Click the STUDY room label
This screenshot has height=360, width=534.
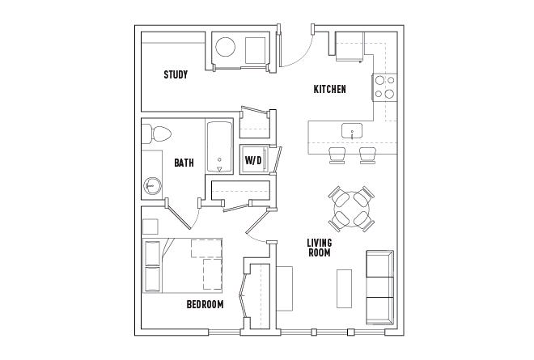176,75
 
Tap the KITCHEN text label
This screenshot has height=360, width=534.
330,89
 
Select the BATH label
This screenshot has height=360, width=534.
184,163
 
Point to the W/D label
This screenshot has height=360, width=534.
253,161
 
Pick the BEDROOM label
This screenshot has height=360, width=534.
205,304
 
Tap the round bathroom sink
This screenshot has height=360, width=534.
151,185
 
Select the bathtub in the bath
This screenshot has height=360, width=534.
219,147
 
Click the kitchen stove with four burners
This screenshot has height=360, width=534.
384,87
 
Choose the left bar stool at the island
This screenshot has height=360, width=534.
337,155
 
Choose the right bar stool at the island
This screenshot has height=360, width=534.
368,155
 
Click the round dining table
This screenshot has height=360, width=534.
351,209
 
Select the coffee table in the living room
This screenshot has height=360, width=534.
344,287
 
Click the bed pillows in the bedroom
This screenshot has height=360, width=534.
152,266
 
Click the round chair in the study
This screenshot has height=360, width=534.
225,46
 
